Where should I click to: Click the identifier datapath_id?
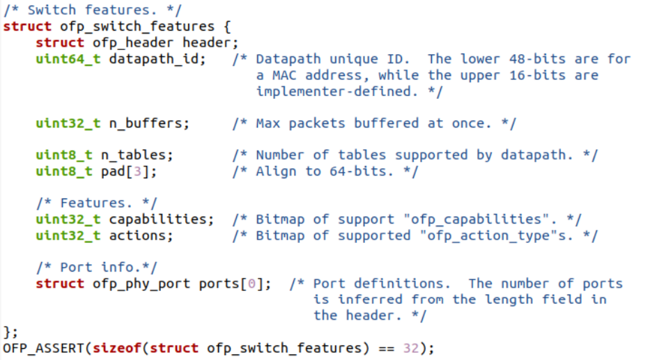point(153,58)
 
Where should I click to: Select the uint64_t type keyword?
point(68,58)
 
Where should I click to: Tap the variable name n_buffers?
point(145,123)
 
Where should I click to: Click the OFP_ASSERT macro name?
point(44,348)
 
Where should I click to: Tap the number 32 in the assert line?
point(411,348)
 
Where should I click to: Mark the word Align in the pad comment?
point(275,171)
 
